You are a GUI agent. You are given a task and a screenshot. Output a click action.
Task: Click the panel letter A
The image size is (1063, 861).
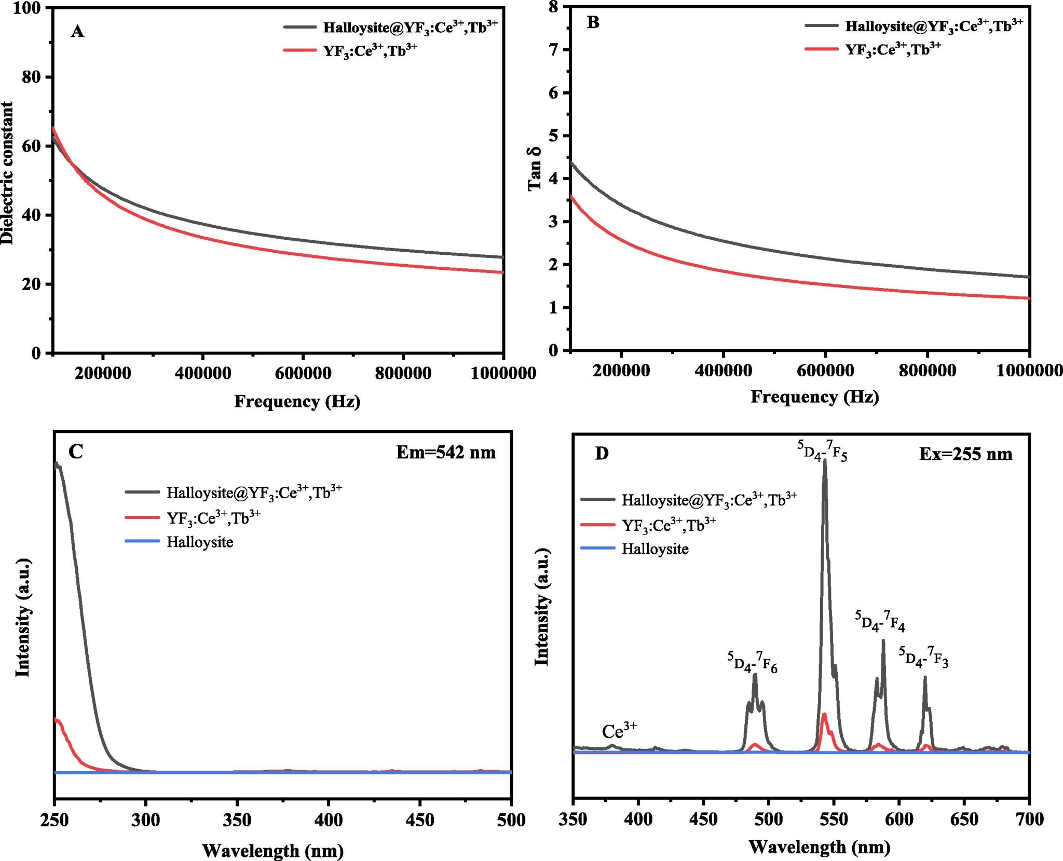point(77,32)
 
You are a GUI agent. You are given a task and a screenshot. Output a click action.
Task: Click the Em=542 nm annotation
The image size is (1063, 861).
point(445,453)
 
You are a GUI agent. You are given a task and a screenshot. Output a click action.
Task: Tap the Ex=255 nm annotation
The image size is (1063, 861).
point(965,455)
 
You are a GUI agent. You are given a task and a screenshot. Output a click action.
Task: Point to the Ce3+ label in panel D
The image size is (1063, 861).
point(619,731)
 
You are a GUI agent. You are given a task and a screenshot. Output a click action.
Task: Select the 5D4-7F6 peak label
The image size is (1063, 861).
point(752,663)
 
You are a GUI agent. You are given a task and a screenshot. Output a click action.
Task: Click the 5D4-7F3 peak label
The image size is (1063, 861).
point(923,657)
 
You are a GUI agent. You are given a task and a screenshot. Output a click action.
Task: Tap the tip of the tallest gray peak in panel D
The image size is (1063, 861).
point(825,460)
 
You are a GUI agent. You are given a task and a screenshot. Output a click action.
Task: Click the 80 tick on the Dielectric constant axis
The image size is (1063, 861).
point(31,77)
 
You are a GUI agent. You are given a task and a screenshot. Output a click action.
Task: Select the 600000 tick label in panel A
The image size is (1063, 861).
point(303,373)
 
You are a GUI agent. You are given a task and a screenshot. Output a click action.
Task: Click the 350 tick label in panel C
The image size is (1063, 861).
point(237,820)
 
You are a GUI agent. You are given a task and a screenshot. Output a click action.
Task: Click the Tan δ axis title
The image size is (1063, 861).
point(534,169)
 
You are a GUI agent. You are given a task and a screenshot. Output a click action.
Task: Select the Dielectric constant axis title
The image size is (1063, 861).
point(7,173)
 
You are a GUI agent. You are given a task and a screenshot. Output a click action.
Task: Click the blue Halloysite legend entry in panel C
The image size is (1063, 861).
point(199,542)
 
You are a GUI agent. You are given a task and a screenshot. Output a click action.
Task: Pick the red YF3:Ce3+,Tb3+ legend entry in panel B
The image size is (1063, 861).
point(893,49)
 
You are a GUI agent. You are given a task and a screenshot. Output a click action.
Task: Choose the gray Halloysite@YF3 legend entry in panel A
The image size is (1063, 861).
point(410,27)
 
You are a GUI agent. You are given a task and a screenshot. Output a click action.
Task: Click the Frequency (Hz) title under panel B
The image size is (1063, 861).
point(814,397)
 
